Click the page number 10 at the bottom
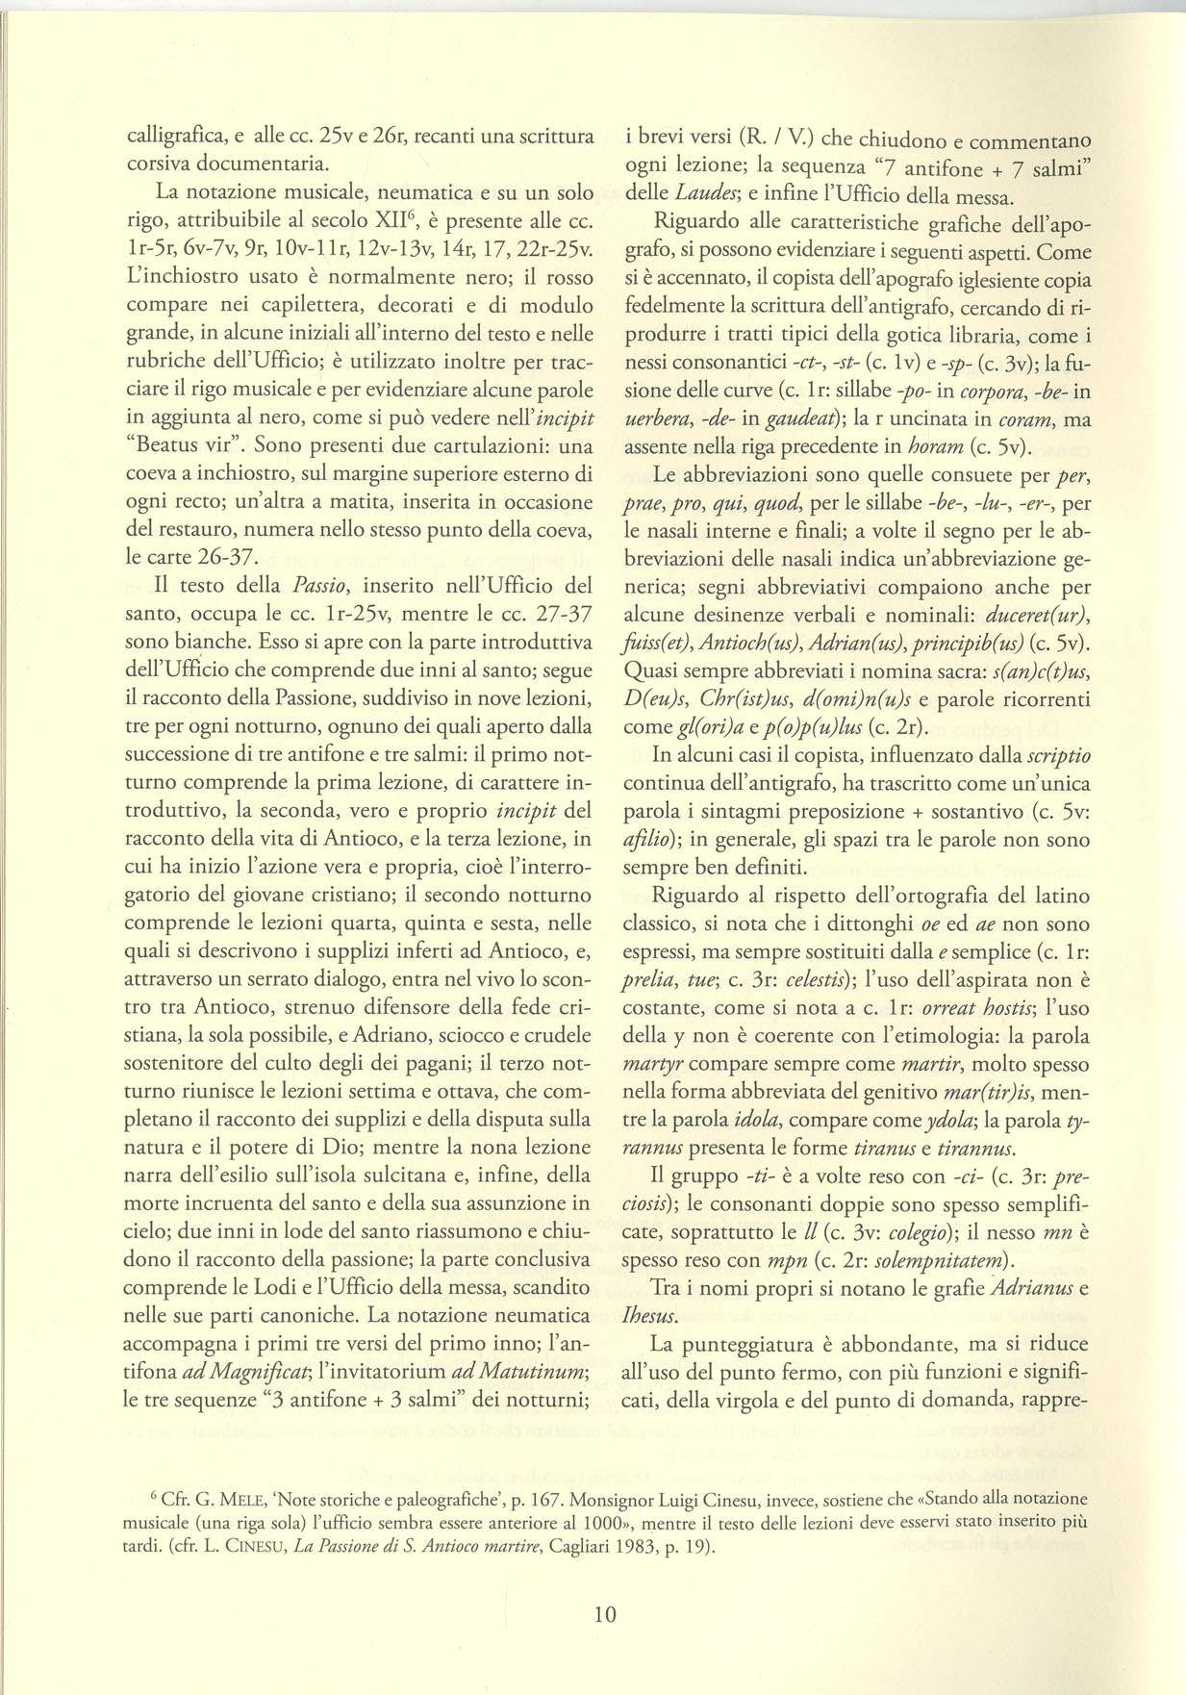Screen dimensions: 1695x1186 (605, 1613)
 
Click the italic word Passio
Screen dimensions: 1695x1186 (321, 585)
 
